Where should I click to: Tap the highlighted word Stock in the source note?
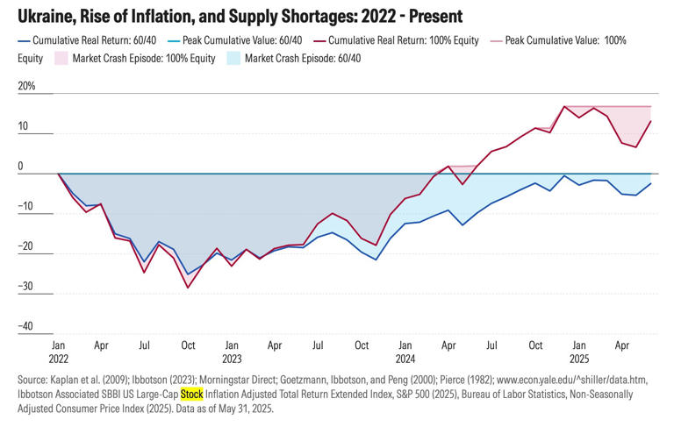point(191,394)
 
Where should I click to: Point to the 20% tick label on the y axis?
point(26,88)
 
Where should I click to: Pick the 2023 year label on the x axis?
point(232,358)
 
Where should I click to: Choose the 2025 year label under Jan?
point(577,358)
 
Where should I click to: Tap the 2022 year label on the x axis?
point(59,358)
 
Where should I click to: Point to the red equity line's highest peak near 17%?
point(563,106)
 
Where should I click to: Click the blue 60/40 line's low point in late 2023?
point(376,260)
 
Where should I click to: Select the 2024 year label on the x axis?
point(405,358)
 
